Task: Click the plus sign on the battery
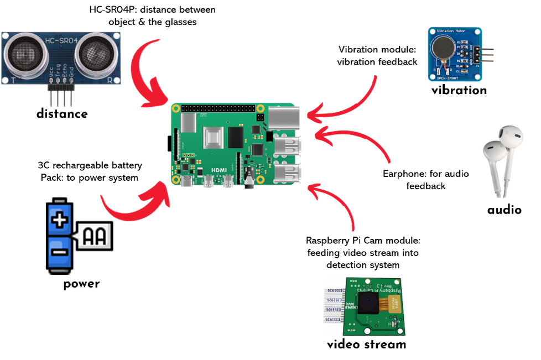click(x=59, y=221)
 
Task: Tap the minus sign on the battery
click(x=59, y=252)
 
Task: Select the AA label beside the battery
click(x=95, y=237)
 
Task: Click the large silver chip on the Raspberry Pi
click(x=214, y=138)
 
